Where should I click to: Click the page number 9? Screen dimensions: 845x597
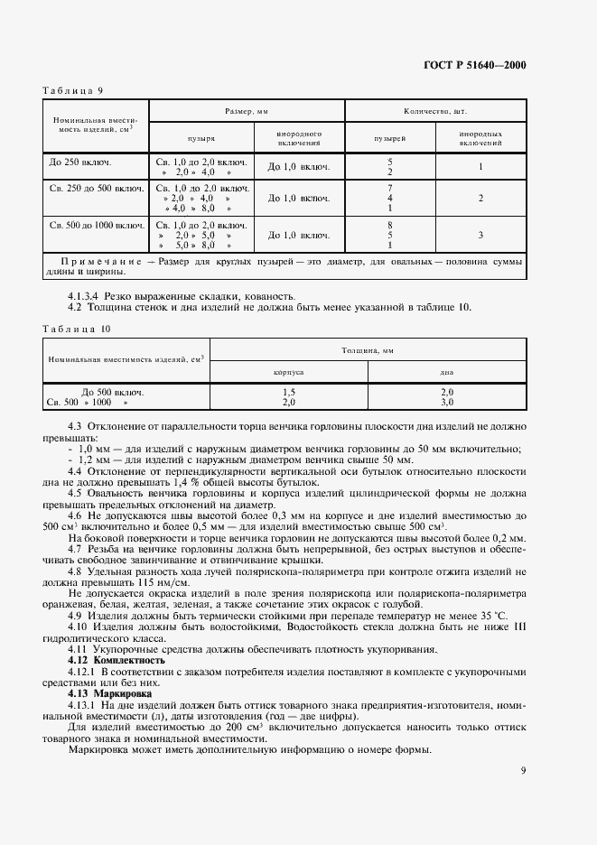pyautogui.click(x=523, y=770)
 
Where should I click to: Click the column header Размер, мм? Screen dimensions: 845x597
pyautogui.click(x=247, y=110)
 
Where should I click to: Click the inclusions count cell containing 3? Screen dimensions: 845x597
pyautogui.click(x=481, y=235)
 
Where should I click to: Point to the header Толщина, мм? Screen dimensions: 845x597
pyautogui.click(x=367, y=349)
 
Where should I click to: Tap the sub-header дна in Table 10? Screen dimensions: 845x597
pyautogui.click(x=446, y=371)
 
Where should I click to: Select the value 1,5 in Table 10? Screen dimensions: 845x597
pyautogui.click(x=288, y=393)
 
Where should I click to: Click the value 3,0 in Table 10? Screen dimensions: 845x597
pyautogui.click(x=446, y=402)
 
